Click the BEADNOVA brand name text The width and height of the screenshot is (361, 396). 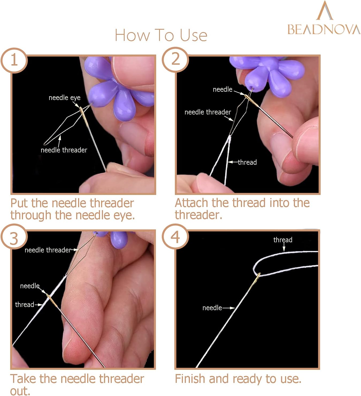pyautogui.click(x=324, y=29)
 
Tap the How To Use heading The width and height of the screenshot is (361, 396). pyautogui.click(x=161, y=35)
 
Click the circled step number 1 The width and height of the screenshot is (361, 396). pyautogui.click(x=14, y=60)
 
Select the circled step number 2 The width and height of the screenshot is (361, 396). pyautogui.click(x=175, y=59)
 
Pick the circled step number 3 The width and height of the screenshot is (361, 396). pyautogui.click(x=14, y=238)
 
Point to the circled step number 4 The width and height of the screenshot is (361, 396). pyautogui.click(x=175, y=237)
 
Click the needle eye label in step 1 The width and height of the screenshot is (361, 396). pyautogui.click(x=64, y=98)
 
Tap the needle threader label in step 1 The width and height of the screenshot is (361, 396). pyautogui.click(x=64, y=150)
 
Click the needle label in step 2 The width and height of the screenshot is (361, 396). pyautogui.click(x=222, y=89)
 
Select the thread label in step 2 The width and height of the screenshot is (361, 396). pyautogui.click(x=247, y=162)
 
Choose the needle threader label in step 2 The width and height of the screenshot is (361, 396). pyautogui.click(x=208, y=112)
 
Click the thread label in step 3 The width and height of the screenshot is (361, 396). pyautogui.click(x=24, y=305)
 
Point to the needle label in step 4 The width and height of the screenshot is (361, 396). pyautogui.click(x=212, y=308)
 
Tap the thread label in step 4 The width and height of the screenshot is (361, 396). pyautogui.click(x=283, y=240)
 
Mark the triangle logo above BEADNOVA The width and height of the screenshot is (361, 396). pyautogui.click(x=324, y=11)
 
